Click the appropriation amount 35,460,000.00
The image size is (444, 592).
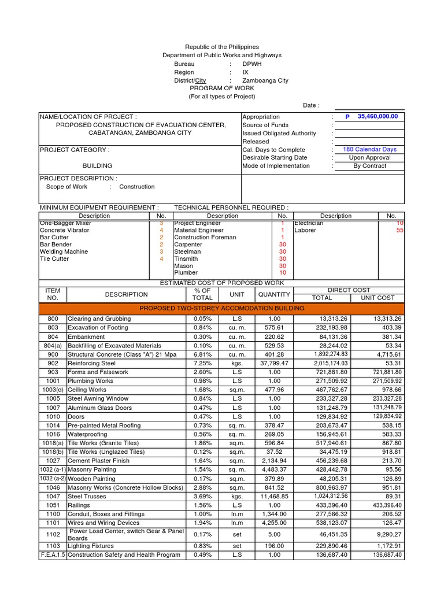pos(378,116)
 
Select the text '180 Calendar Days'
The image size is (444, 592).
pos(369,149)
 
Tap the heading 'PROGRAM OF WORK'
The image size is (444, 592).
pos(221,88)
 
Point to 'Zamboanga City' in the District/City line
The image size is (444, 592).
pos(265,80)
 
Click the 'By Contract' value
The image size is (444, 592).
pos(369,166)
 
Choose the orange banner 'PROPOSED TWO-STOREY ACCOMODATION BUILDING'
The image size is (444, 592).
pos(221,308)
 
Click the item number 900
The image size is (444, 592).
pos(53,354)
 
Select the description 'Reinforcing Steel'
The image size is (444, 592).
pos(91,363)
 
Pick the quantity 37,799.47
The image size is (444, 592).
pos(274,363)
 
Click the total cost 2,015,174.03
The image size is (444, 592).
pos(331,363)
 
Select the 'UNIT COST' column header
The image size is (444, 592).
pos(378,298)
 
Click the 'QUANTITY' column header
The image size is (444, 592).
pos(274,294)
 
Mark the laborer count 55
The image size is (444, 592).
pos(399,230)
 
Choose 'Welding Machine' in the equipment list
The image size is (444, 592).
pos(64,251)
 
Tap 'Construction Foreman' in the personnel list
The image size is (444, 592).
pos(205,237)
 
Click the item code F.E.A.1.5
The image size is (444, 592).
pos(53,555)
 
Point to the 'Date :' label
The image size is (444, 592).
pos(311,105)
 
